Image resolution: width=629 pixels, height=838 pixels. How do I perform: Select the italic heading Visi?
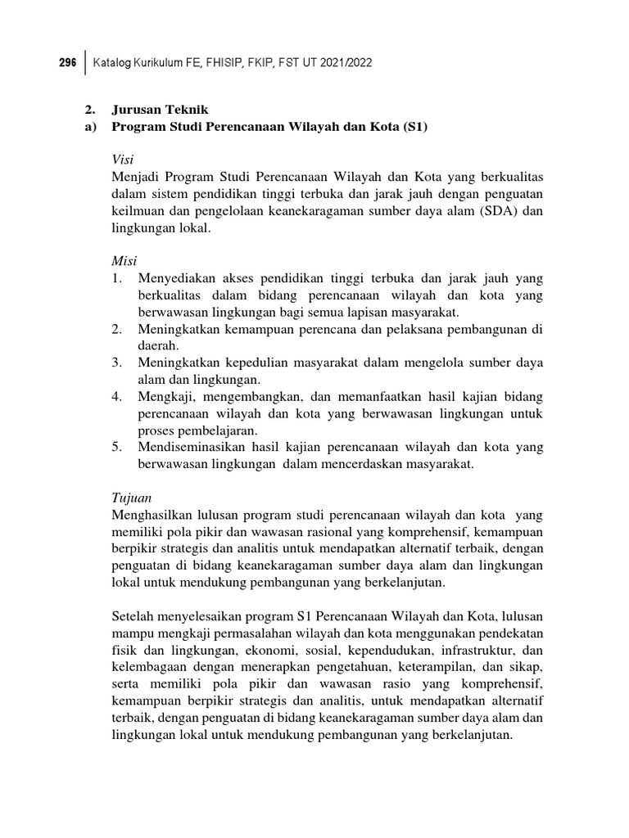coord(123,159)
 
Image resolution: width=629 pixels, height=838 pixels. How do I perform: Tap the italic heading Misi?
coord(124,260)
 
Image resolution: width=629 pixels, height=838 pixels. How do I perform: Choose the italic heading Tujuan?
coord(131,497)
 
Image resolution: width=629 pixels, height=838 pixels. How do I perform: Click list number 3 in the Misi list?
coord(116,363)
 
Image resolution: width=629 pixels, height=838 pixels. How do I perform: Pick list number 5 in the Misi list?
coord(116,447)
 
